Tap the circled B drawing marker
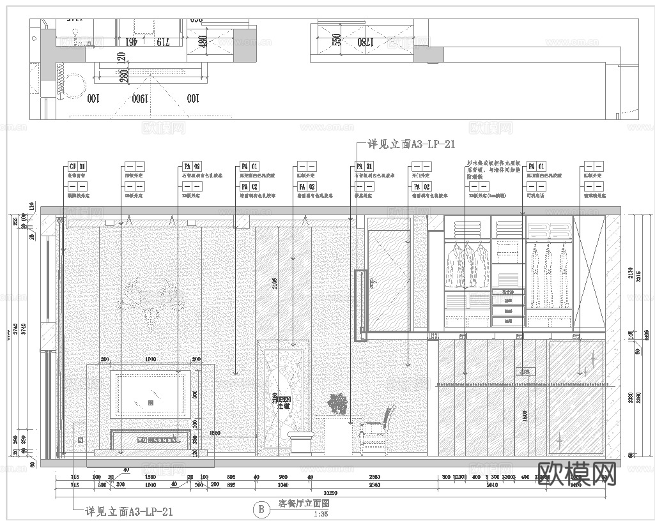[260, 509]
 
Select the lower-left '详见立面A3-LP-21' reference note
[128, 511]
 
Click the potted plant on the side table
[337, 403]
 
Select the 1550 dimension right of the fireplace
[215, 433]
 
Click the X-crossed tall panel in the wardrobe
[589, 271]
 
